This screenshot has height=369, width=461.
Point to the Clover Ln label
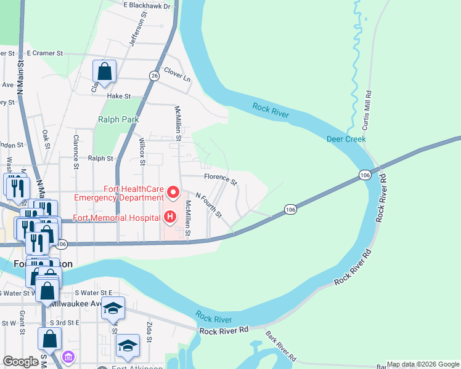[177, 74]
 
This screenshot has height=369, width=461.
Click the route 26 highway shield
[154, 75]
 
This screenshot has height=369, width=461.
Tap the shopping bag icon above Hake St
[105, 71]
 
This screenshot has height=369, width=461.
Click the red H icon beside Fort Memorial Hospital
[169, 217]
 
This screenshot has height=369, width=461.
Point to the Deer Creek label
[346, 139]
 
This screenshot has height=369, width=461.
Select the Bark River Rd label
[281, 346]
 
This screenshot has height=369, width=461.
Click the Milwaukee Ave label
[76, 304]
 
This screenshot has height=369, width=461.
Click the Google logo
[21, 362]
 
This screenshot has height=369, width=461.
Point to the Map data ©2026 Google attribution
[423, 364]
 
